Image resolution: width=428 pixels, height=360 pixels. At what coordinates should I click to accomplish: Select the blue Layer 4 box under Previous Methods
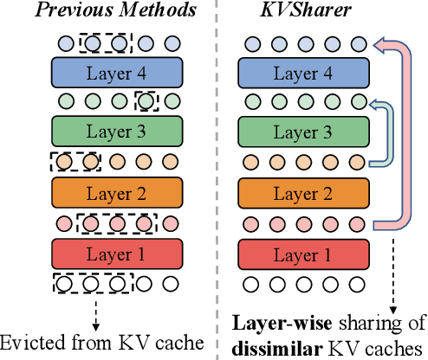(x=117, y=72)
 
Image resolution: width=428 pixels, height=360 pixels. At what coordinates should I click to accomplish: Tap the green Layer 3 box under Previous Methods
(x=117, y=132)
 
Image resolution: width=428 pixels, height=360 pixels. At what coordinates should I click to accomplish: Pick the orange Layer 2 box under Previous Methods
(x=117, y=193)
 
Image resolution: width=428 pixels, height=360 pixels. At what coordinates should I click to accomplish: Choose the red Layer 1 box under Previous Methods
(x=117, y=254)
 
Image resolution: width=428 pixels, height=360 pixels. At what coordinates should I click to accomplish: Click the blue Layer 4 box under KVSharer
(x=302, y=72)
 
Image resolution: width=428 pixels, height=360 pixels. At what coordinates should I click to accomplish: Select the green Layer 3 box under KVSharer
(x=302, y=132)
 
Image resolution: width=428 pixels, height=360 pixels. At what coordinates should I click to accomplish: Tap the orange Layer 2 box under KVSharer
(x=302, y=193)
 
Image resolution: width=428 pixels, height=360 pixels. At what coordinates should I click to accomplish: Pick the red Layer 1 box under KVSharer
(x=302, y=254)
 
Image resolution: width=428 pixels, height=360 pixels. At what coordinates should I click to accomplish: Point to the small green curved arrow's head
(x=373, y=103)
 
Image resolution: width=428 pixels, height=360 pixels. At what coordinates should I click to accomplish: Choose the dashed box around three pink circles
(x=116, y=223)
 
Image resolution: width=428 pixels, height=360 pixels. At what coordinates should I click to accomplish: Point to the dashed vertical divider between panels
(x=216, y=173)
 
